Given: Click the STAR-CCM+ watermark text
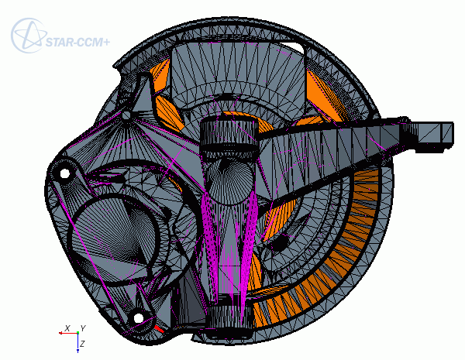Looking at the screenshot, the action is click(77, 42).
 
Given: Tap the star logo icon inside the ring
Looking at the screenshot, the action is click(29, 36).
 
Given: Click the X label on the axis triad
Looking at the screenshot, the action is click(67, 328).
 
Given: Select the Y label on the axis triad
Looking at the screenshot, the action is click(83, 328).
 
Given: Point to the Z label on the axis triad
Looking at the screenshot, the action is click(82, 344).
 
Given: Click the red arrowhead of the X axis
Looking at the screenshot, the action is click(60, 333).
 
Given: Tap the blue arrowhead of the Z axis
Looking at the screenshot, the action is click(77, 351).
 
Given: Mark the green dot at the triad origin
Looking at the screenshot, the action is click(77, 333).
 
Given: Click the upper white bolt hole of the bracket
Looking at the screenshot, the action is click(64, 173).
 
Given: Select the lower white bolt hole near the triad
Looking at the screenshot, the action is click(139, 318).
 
